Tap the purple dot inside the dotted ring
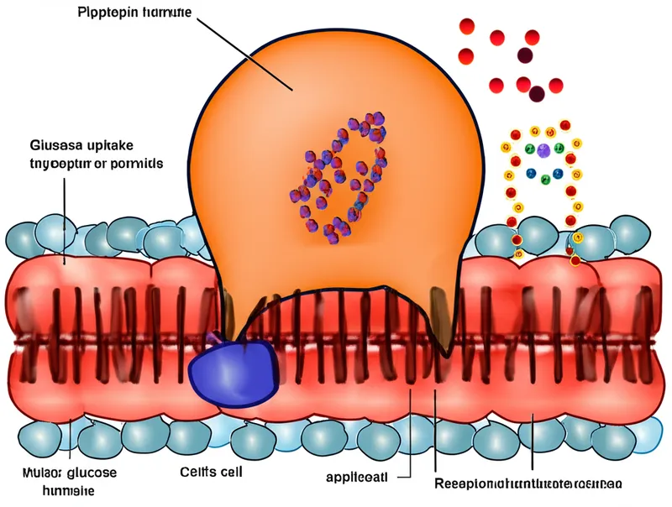[x=543, y=151]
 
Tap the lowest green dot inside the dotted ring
[x=545, y=179]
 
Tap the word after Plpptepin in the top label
[x=165, y=14]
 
